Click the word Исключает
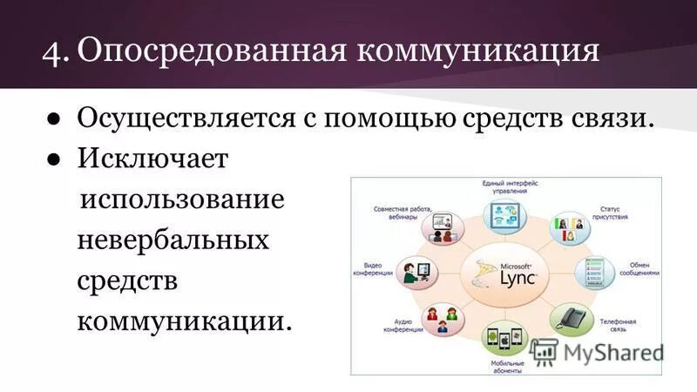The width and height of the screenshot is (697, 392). click(152, 159)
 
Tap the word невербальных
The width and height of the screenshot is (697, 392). click(173, 240)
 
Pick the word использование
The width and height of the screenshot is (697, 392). click(182, 199)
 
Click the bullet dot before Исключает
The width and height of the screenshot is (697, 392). click(55, 159)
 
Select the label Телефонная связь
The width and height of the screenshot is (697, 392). click(617, 326)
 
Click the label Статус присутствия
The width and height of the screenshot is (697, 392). click(609, 214)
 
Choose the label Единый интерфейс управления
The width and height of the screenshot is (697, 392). click(510, 188)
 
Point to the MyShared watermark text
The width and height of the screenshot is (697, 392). click(612, 352)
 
